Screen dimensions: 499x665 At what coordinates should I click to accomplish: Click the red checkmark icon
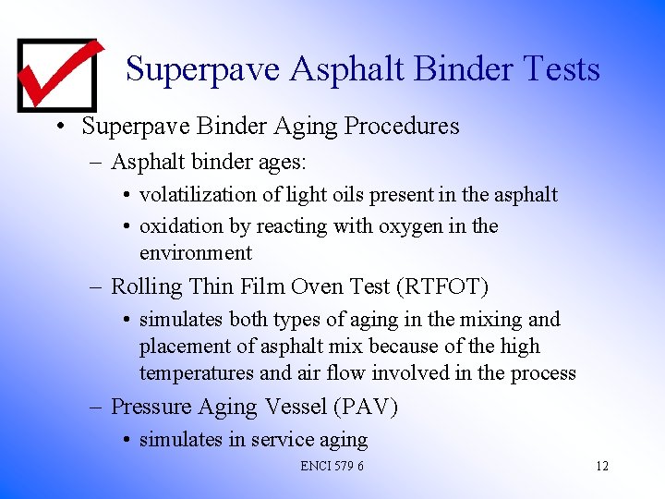pyautogui.click(x=57, y=73)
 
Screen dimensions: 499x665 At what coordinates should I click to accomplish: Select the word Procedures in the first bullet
pyautogui.click(x=402, y=126)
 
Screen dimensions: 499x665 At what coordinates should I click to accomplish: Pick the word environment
pyautogui.click(x=196, y=253)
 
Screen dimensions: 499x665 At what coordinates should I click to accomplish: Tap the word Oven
pyautogui.click(x=320, y=287)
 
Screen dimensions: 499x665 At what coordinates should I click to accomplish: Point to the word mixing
pyautogui.click(x=490, y=320)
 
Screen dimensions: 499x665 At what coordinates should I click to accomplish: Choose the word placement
pyautogui.click(x=183, y=347)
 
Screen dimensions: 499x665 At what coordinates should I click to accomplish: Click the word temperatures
pyautogui.click(x=197, y=373)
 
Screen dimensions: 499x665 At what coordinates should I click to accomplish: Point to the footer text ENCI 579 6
pyautogui.click(x=332, y=466)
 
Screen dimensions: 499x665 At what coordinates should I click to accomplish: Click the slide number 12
pyautogui.click(x=601, y=466)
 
